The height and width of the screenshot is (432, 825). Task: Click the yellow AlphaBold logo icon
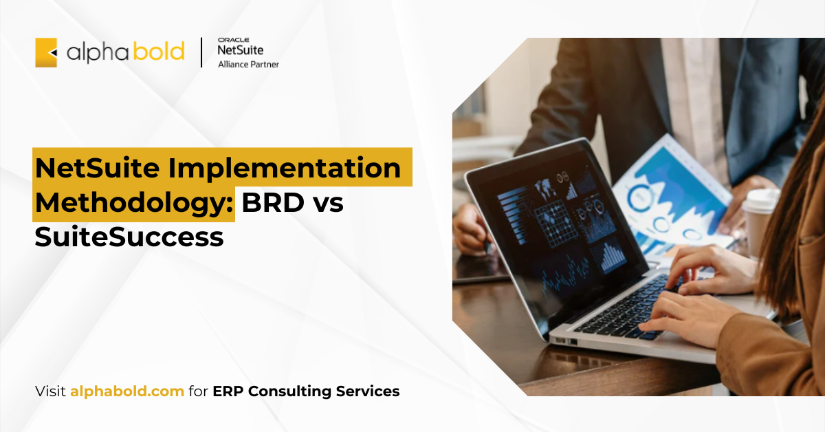click(46, 52)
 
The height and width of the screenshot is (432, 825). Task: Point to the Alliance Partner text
click(248, 65)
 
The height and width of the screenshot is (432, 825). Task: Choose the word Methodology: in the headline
click(134, 204)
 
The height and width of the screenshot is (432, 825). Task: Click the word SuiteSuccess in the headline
click(129, 237)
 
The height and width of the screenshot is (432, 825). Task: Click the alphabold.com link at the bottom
click(127, 391)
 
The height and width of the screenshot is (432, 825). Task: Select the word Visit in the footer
click(51, 391)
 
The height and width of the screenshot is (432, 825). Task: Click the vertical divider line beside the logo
click(201, 52)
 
